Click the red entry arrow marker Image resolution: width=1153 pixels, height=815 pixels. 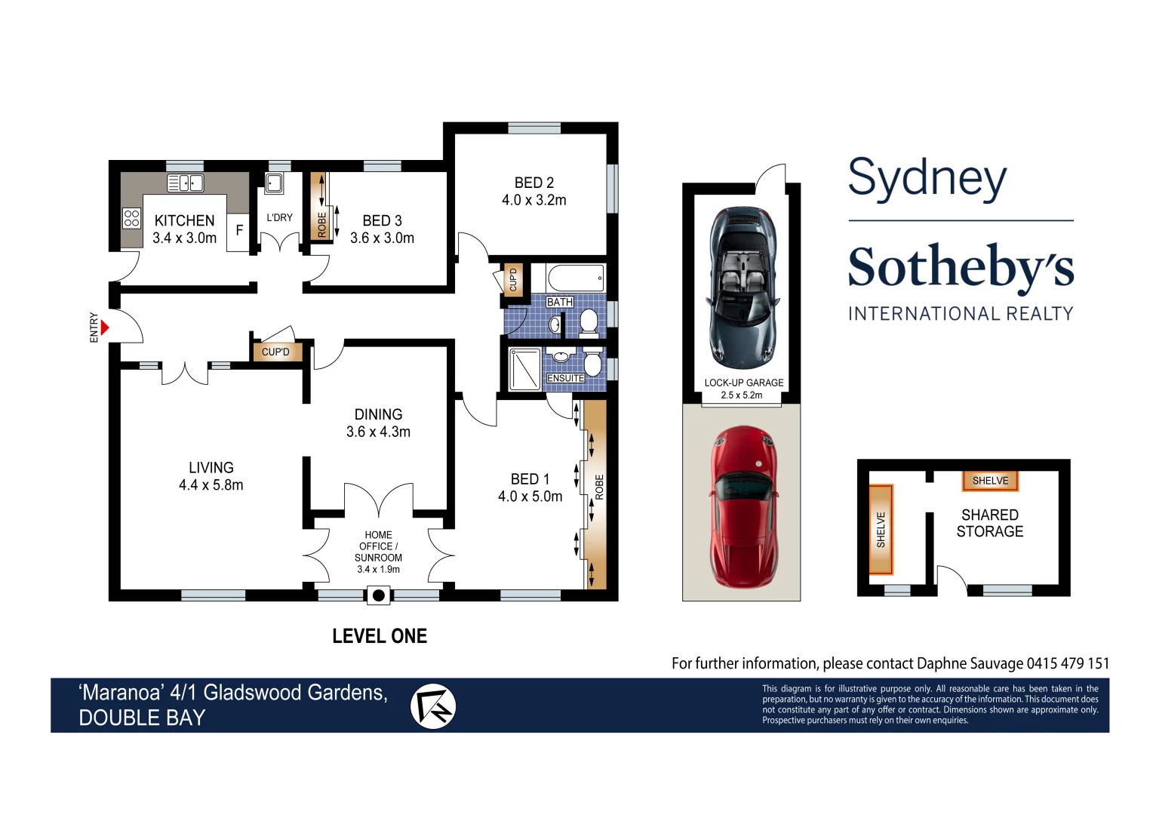pyautogui.click(x=105, y=328)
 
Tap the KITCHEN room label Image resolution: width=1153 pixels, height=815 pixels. pyautogui.click(x=184, y=220)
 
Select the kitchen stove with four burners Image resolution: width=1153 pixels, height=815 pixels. pyautogui.click(x=131, y=218)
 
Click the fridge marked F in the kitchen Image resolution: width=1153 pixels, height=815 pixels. pyautogui.click(x=238, y=230)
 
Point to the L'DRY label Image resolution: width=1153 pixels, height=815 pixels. pyautogui.click(x=279, y=217)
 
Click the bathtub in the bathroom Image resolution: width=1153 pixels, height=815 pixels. pyautogui.click(x=575, y=278)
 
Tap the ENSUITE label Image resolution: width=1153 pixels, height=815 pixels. pyautogui.click(x=565, y=378)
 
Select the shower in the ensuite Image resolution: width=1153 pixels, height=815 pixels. pyautogui.click(x=524, y=369)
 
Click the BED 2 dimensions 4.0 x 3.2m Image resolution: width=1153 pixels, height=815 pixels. pyautogui.click(x=533, y=200)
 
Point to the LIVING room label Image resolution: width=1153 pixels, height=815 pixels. pyautogui.click(x=211, y=468)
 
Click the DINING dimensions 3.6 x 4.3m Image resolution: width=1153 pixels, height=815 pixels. pyautogui.click(x=378, y=432)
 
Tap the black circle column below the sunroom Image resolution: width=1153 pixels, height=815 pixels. pyautogui.click(x=379, y=595)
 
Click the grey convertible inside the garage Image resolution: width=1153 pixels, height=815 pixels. pyautogui.click(x=742, y=287)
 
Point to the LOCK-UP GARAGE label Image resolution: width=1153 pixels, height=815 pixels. pyautogui.click(x=743, y=383)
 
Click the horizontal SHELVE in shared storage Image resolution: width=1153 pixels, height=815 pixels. pyautogui.click(x=990, y=481)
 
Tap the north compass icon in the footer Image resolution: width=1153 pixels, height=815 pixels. pyautogui.click(x=433, y=706)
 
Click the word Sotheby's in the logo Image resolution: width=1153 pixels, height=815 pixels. pyautogui.click(x=961, y=267)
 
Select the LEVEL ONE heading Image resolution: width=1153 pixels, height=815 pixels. pyautogui.click(x=380, y=636)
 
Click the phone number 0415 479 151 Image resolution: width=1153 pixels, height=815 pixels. pyautogui.click(x=1068, y=663)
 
